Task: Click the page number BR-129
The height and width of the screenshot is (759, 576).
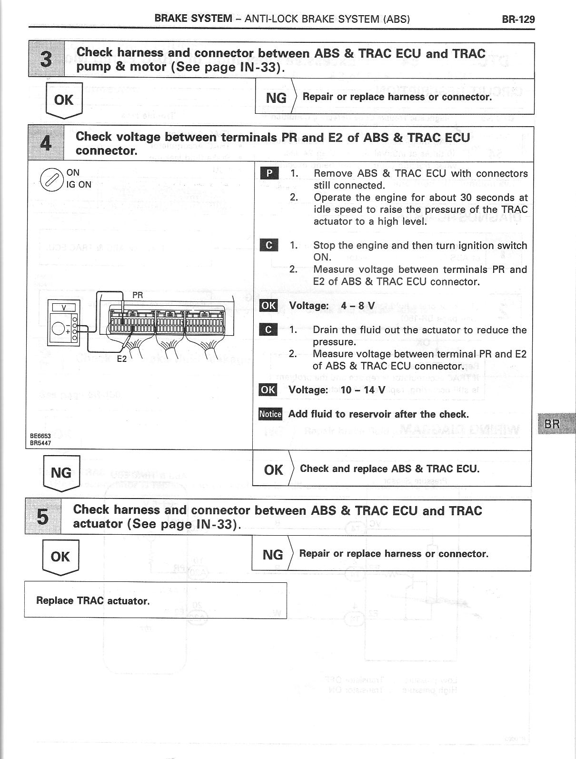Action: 518,20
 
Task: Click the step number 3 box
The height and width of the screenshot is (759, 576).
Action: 47,60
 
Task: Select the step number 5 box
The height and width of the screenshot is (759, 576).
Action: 43,517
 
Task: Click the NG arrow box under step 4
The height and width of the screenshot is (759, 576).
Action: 61,473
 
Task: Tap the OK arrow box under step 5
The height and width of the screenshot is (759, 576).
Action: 60,557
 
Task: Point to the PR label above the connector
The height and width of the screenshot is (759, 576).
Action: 138,296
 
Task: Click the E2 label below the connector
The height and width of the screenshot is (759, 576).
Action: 122,359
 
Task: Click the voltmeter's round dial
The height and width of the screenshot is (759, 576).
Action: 60,328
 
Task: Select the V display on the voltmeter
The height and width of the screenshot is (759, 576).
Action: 64,308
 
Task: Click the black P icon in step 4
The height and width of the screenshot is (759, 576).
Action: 269,173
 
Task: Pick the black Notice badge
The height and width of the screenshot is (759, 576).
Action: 270,414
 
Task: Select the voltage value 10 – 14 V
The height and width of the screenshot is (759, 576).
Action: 362,390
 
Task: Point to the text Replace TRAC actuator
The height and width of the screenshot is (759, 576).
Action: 93,601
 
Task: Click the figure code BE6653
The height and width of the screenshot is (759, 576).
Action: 40,436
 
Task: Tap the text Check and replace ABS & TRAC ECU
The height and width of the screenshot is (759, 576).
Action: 389,469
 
